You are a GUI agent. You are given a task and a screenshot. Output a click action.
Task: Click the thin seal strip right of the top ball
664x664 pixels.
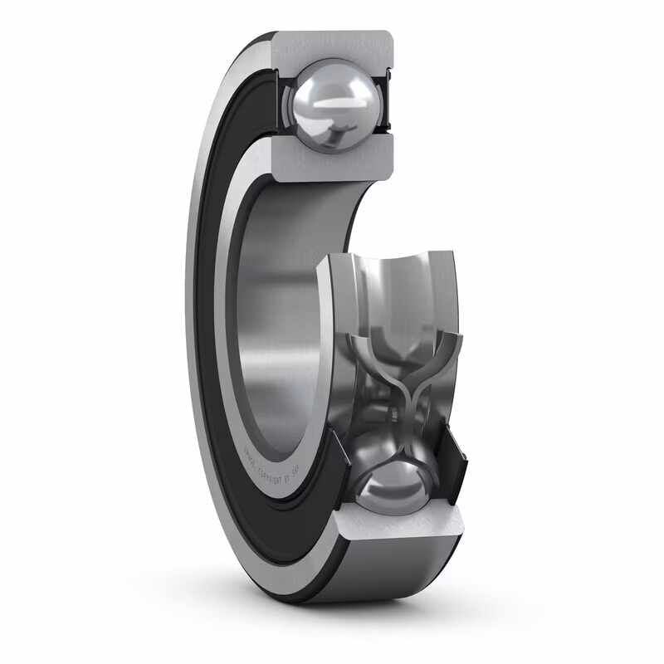click(384, 104)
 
